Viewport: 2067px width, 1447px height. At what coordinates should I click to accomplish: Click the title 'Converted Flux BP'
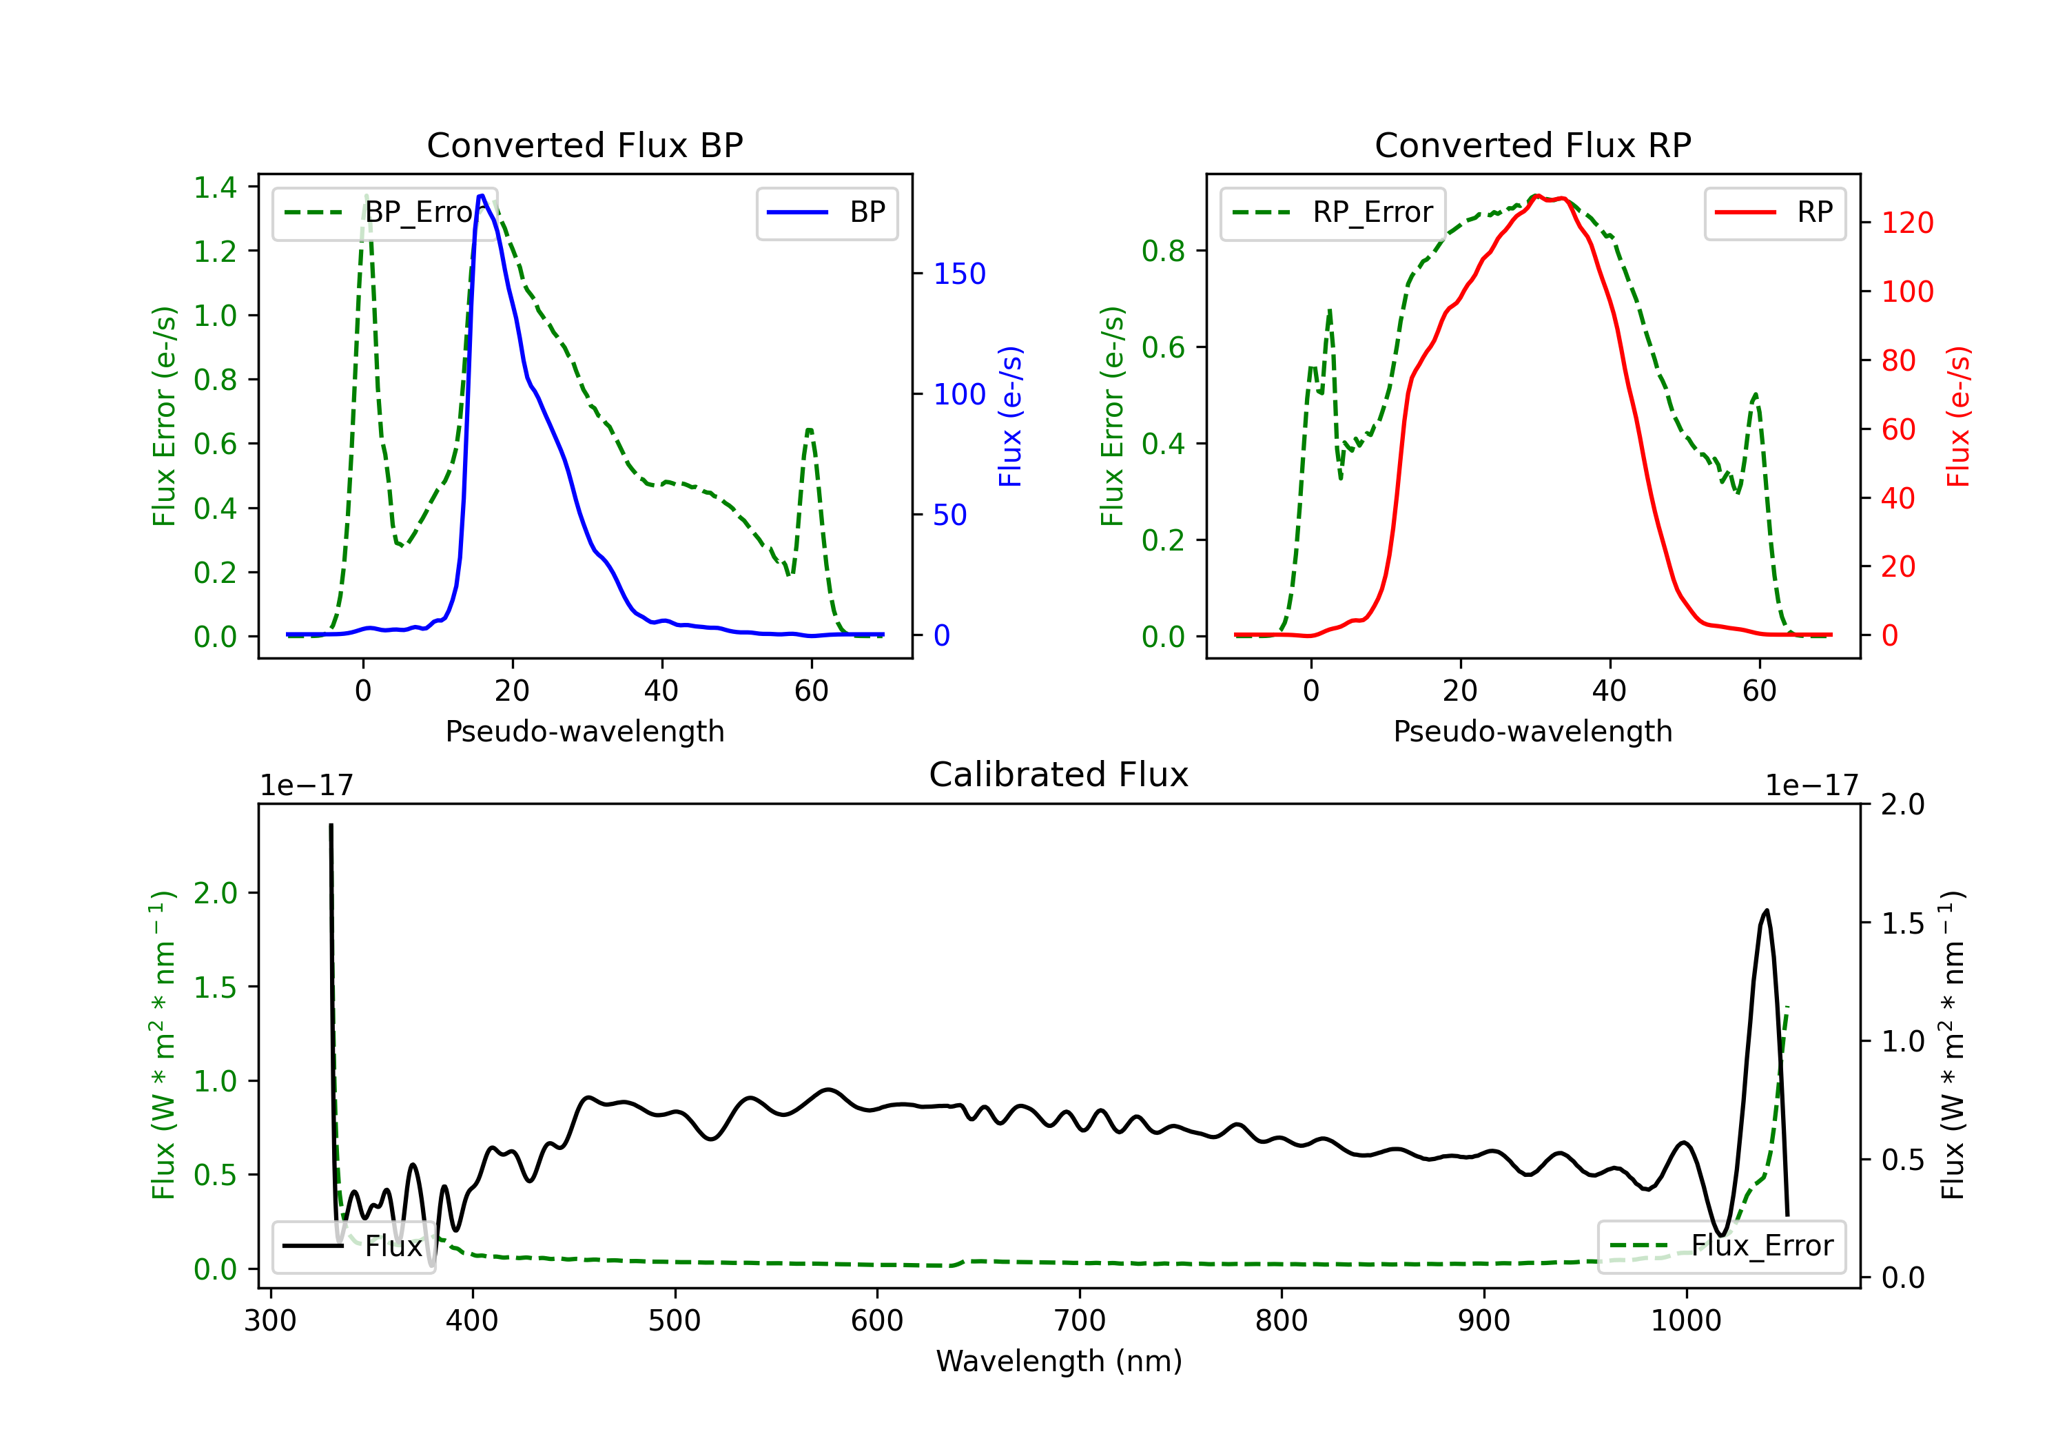click(x=584, y=145)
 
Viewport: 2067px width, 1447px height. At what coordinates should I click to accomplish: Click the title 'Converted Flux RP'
click(x=1532, y=145)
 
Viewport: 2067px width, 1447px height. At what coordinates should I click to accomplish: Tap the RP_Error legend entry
click(x=1333, y=212)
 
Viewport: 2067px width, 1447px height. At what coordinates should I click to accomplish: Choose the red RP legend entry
click(x=1774, y=212)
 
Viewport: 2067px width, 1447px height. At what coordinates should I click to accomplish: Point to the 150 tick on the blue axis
click(x=959, y=274)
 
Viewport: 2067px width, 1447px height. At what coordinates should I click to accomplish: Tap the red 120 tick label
click(x=1906, y=223)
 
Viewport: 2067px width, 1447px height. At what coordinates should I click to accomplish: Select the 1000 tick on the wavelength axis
click(x=1685, y=1320)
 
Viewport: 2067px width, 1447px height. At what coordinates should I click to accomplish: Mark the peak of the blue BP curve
click(x=482, y=196)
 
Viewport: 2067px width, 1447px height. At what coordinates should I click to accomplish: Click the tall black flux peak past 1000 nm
click(x=1765, y=911)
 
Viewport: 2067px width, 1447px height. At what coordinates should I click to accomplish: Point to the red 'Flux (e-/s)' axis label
click(x=1957, y=416)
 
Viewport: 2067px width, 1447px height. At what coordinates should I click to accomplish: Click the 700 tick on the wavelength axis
click(x=1078, y=1320)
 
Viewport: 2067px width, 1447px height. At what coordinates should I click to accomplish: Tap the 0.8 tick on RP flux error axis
click(x=1163, y=252)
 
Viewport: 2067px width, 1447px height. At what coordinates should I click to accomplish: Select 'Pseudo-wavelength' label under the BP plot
click(x=584, y=731)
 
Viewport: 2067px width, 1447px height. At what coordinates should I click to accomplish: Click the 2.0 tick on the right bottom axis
click(x=1902, y=804)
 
